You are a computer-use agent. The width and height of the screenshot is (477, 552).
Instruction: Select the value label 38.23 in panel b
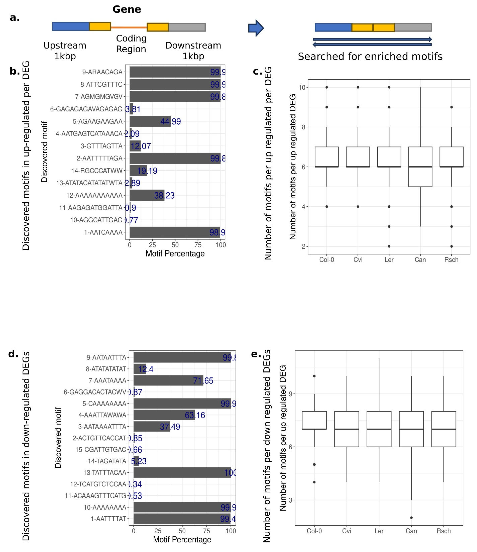click(x=164, y=196)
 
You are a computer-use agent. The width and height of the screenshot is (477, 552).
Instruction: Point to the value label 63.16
click(x=195, y=415)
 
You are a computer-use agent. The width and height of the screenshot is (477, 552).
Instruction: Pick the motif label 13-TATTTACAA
click(x=105, y=473)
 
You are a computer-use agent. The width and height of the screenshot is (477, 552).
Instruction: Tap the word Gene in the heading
click(x=127, y=9)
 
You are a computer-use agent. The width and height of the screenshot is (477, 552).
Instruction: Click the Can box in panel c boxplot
click(x=420, y=167)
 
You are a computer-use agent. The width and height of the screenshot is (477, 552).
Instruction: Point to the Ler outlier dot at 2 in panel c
click(x=389, y=246)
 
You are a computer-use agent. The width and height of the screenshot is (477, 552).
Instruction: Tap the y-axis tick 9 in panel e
click(x=290, y=394)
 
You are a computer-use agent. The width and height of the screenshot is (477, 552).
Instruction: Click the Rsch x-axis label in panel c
click(x=451, y=260)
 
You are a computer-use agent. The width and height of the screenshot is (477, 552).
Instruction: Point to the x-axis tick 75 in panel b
click(x=198, y=245)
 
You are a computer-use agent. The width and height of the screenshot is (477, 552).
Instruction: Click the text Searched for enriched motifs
click(x=370, y=56)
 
